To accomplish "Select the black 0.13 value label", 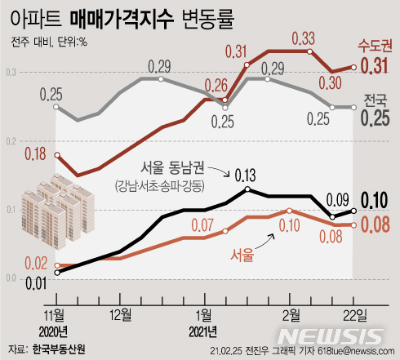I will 244,174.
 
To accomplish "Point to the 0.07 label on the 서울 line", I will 203,224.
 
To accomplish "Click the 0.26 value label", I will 216,84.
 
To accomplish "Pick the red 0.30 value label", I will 330,82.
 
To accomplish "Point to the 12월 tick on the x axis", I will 120,313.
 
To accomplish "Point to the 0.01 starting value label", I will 35,283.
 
